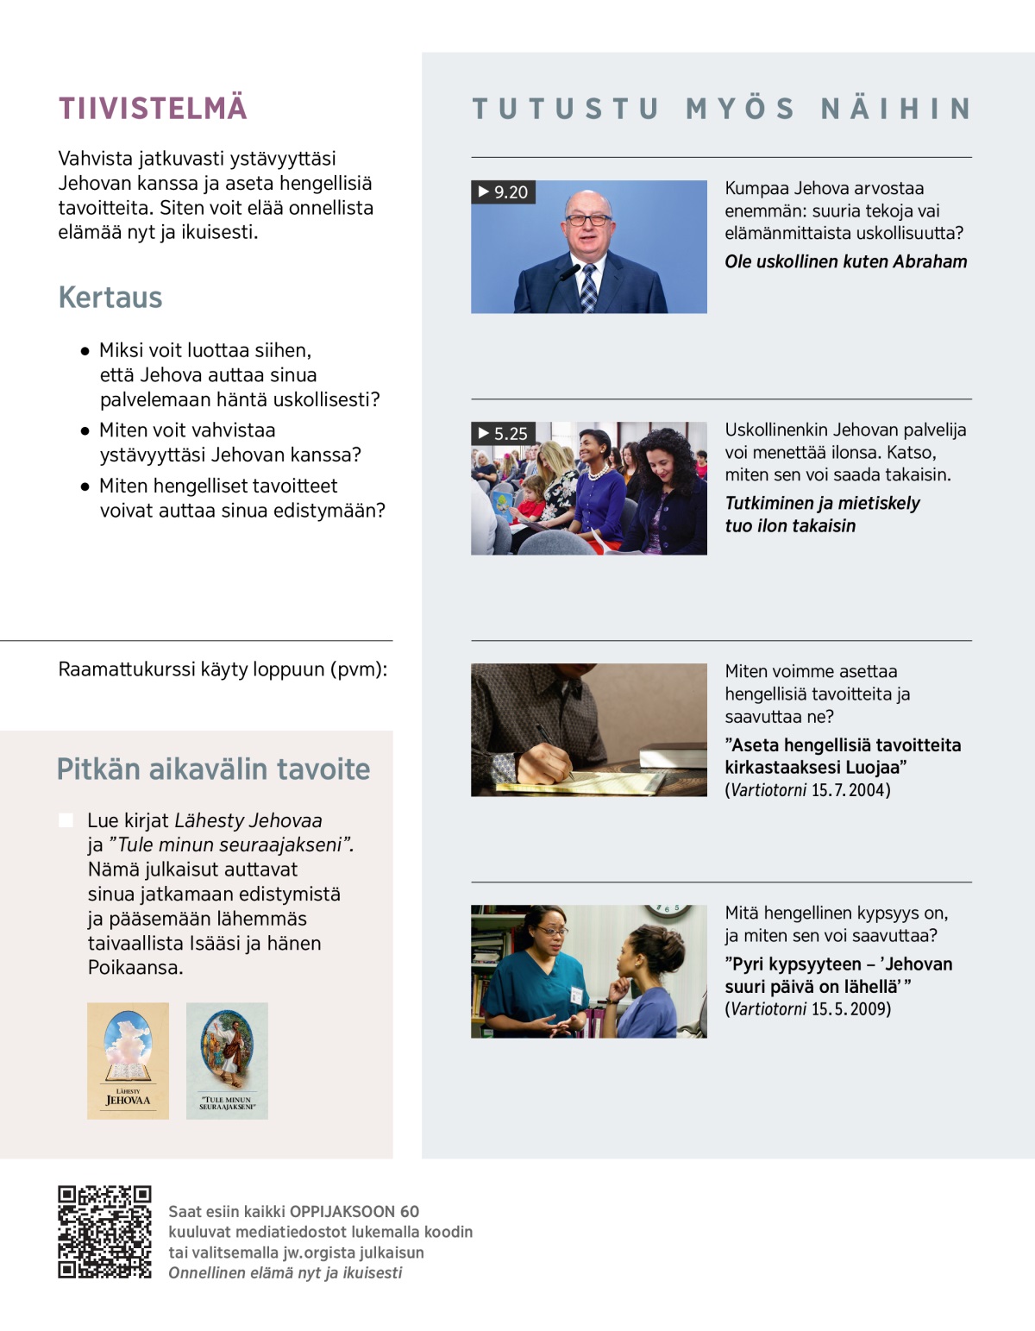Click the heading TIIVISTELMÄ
pos(153,109)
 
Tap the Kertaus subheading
pos(110,298)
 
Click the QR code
pos(104,1232)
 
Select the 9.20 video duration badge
pos(504,192)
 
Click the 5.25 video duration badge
pos(504,434)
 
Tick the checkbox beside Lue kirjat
pos(66,820)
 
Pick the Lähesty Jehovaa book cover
pos(128,1061)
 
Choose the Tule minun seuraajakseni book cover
pos(227,1061)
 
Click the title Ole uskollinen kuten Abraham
pos(845,262)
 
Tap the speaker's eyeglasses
pos(587,220)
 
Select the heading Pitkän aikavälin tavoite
pos(213,769)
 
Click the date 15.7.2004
pos(850,790)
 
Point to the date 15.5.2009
pos(850,1009)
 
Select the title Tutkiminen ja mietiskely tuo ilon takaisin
pos(821,514)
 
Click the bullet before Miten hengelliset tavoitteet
pos(85,487)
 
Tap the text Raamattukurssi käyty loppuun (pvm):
pos(223,669)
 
